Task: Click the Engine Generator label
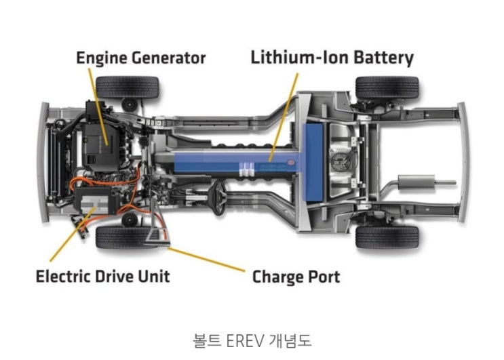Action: [141, 58]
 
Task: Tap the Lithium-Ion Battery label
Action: [332, 58]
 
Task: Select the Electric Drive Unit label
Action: [103, 276]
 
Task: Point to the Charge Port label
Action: [296, 277]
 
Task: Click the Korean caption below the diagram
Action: [252, 341]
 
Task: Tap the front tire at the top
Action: [128, 87]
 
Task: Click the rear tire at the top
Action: [387, 87]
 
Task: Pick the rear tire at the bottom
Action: [387, 237]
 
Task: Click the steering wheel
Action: [218, 197]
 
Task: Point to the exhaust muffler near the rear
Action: [416, 182]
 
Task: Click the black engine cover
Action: [100, 146]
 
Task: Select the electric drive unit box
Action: [95, 202]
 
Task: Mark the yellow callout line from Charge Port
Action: [206, 260]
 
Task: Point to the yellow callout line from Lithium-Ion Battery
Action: [284, 117]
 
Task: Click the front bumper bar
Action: [43, 162]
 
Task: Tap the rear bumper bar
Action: [463, 162]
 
